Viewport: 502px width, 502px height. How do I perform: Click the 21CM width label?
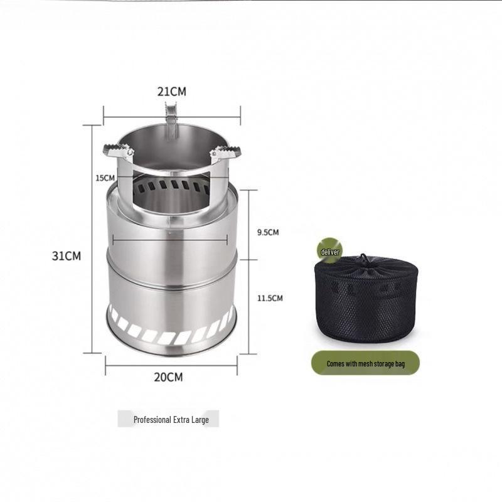pos(171,92)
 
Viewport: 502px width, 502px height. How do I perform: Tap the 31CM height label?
pos(67,256)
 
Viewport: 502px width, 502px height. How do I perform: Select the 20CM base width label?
pos(170,377)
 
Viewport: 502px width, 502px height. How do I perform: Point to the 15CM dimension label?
pos(105,178)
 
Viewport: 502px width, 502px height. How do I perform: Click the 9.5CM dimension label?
pos(268,232)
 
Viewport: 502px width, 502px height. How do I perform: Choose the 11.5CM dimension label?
pos(270,298)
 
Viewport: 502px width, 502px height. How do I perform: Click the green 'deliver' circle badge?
pos(330,251)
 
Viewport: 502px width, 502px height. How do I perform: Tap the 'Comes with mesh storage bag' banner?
pos(365,363)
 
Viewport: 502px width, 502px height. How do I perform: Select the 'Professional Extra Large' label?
pos(168,419)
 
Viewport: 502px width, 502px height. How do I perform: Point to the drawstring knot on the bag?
pos(363,259)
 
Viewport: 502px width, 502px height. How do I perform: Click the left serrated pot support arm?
pos(118,151)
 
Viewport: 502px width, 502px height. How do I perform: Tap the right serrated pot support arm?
pos(226,152)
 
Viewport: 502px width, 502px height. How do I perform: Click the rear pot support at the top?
pos(171,116)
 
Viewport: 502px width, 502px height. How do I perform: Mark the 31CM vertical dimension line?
pos(92,238)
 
